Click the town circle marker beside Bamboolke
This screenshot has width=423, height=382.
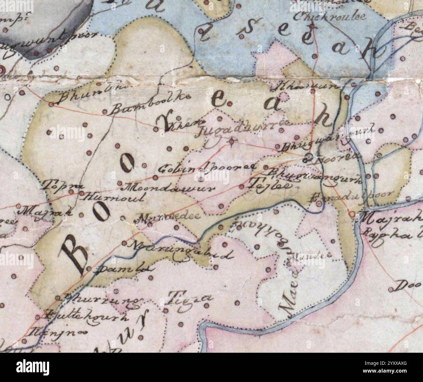tap(105, 112)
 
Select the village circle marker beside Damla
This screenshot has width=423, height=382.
tap(89, 269)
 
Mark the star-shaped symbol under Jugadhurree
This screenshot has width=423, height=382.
tap(231, 141)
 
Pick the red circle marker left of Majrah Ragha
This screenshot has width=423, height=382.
tap(353, 214)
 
